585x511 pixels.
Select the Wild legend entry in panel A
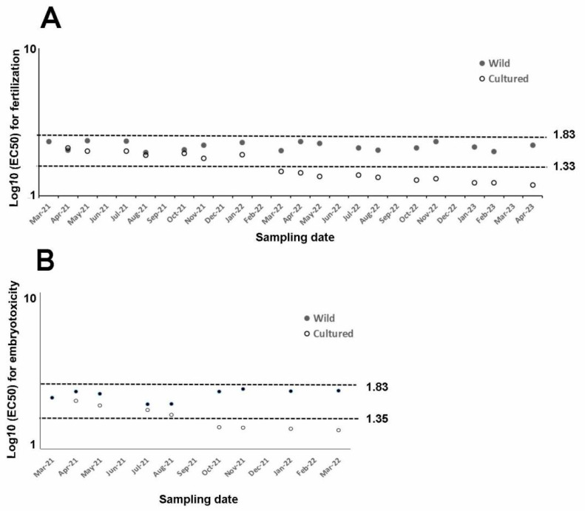(499, 64)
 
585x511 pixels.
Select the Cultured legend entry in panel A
(508, 78)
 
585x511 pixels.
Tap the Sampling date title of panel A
(293, 238)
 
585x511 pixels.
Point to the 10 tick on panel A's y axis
(31, 49)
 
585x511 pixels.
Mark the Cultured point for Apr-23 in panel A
(532, 185)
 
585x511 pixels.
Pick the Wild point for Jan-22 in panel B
(291, 391)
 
